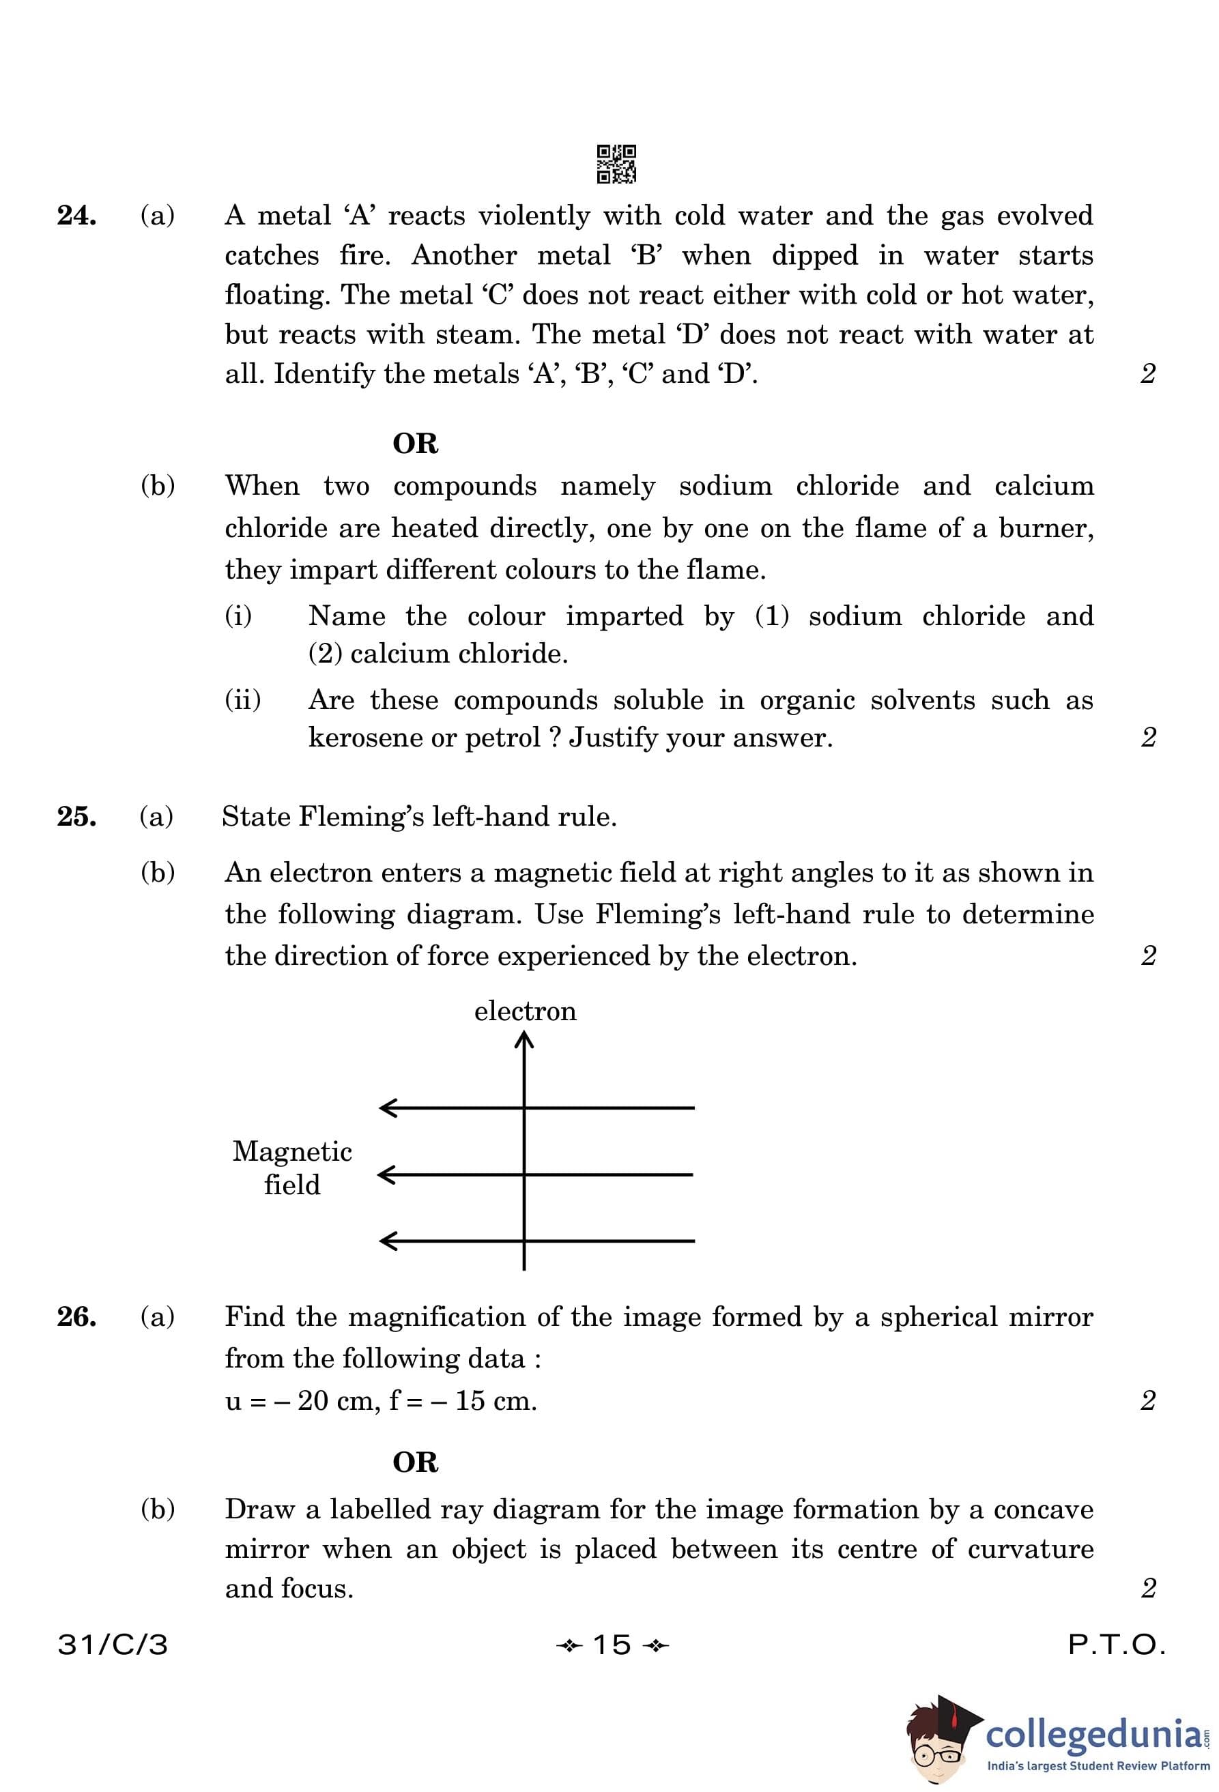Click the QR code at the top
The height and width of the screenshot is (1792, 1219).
pos(616,164)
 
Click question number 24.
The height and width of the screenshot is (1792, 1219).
pos(76,216)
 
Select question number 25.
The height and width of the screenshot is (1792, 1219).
pos(76,817)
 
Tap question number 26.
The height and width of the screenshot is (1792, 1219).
pos(76,1316)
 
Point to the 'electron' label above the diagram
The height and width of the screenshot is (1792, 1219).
pos(525,1011)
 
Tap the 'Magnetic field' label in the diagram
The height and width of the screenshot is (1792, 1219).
pos(292,1168)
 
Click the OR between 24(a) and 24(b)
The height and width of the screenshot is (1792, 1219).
pos(415,444)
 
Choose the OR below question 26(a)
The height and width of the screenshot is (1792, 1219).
pos(415,1462)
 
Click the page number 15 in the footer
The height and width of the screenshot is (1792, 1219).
pos(612,1645)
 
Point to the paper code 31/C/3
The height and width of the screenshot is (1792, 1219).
pos(113,1645)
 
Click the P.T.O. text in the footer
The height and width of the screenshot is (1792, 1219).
pos(1116,1645)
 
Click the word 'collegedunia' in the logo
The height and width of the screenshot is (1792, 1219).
pos(1093,1734)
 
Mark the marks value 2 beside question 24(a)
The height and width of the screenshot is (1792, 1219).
pos(1147,374)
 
